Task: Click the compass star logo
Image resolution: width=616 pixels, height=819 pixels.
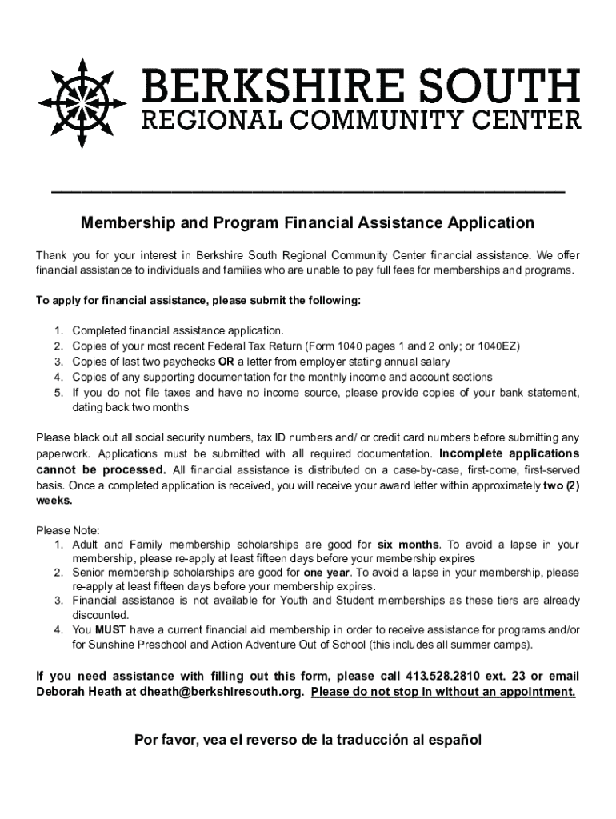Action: point(80,102)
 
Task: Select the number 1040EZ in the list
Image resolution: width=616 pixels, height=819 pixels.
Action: point(498,346)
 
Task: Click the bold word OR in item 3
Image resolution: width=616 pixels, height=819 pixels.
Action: point(226,362)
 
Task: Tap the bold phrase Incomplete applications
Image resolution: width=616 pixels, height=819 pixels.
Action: point(510,453)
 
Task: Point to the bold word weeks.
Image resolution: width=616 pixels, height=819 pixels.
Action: point(54,500)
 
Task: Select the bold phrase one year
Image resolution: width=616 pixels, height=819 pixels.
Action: point(326,573)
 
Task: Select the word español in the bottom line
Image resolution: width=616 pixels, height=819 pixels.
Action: point(454,740)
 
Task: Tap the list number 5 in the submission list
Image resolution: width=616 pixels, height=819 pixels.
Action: point(58,393)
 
